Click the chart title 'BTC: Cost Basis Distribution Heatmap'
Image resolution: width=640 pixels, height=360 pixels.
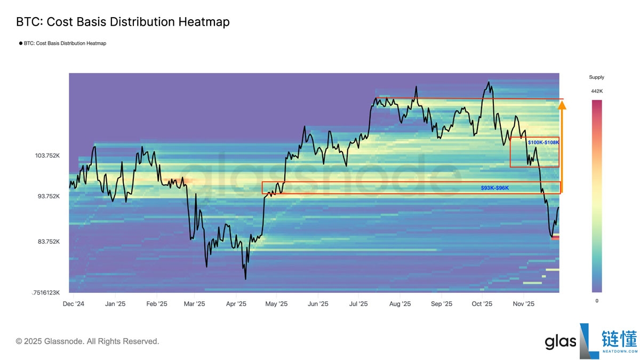123,22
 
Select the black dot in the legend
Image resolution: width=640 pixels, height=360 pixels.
20,44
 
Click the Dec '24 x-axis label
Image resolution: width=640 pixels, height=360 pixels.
74,304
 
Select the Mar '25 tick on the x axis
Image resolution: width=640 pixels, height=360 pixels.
194,304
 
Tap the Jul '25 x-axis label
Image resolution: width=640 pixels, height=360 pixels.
358,304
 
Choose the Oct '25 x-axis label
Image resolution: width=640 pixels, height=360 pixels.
482,304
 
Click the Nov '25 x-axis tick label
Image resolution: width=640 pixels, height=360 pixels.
523,304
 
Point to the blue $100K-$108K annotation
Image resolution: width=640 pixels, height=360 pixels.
543,142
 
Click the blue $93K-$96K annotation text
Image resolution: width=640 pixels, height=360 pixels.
494,188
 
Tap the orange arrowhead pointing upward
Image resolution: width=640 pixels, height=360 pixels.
562,105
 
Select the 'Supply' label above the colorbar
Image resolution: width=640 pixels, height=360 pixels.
596,77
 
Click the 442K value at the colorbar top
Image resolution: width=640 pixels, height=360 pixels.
596,91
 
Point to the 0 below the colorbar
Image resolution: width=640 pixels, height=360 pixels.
596,301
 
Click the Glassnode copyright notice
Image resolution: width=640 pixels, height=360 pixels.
87,341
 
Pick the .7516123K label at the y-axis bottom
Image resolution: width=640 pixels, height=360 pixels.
46,292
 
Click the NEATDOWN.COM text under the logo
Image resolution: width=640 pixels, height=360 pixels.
619,351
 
